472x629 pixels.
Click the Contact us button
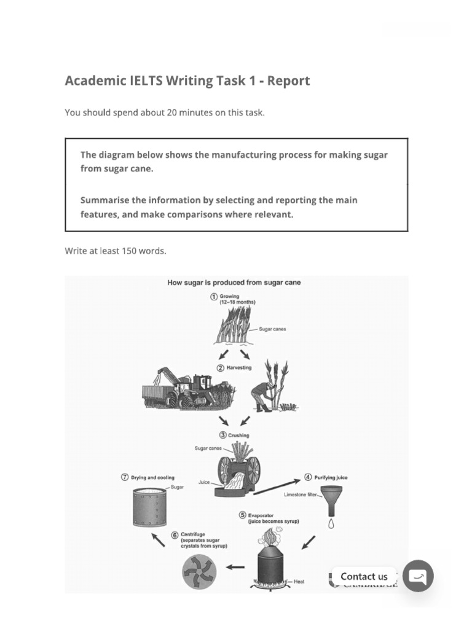364,576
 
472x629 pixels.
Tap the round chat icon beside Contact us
418,576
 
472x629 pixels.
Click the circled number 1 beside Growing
214,297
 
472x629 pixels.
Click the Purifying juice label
331,477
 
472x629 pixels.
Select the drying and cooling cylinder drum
149,506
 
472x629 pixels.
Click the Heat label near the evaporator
299,581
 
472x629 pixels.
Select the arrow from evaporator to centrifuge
235,567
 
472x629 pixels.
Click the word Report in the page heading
289,80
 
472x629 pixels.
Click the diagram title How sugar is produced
234,283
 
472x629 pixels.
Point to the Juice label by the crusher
204,483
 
